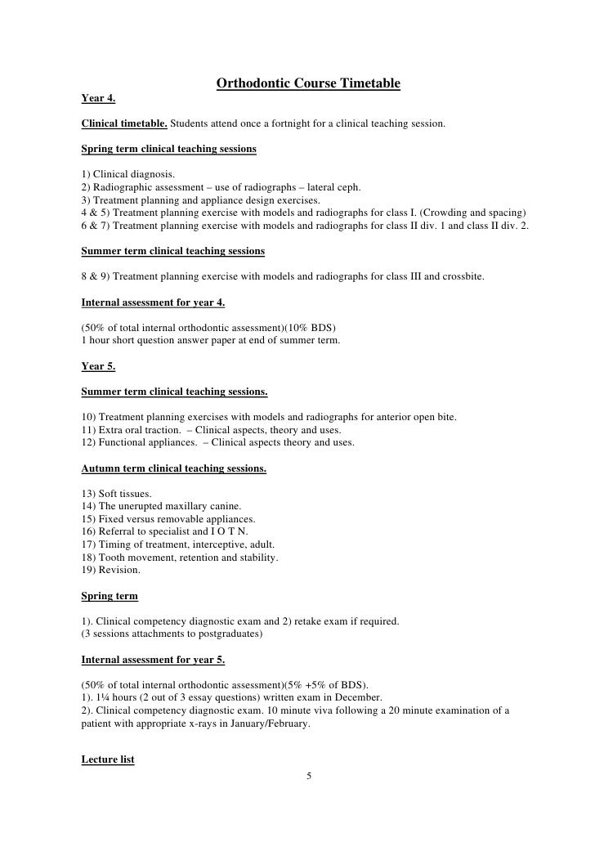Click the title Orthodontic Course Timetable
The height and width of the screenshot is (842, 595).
point(307,84)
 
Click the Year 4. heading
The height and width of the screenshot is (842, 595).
point(99,99)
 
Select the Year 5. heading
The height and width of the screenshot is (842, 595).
point(99,366)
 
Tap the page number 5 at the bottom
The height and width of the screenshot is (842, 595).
point(309,776)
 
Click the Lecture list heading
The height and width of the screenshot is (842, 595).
point(108,759)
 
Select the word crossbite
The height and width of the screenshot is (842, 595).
point(462,276)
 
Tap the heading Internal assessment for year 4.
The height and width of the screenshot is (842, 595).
point(154,302)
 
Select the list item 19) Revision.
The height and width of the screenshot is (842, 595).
point(111,570)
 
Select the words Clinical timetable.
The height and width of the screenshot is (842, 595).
point(124,124)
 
